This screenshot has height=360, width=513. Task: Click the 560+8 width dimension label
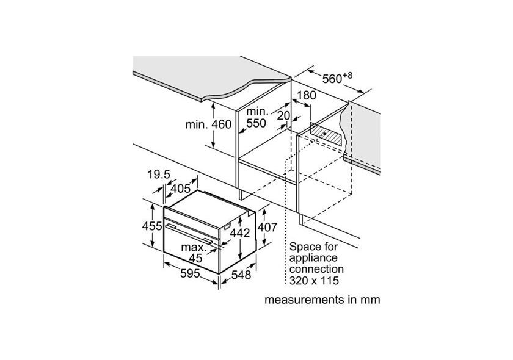[x=337, y=77]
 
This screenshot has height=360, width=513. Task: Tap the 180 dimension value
[x=307, y=96]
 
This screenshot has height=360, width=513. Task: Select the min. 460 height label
[x=209, y=124]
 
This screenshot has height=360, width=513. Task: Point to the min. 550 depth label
[x=256, y=118]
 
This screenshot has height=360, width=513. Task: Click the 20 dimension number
[x=282, y=115]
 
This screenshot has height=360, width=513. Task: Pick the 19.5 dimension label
[x=158, y=175]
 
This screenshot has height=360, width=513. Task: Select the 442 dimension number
[x=243, y=232]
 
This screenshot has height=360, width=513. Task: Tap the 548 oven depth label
[x=240, y=275]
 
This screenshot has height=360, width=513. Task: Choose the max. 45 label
[x=194, y=252]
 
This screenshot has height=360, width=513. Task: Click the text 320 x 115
[x=314, y=280]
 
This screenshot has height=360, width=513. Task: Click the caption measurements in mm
[x=322, y=300]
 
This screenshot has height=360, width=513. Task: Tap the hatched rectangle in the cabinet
[x=326, y=133]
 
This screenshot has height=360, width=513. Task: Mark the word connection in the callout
[x=316, y=269]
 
